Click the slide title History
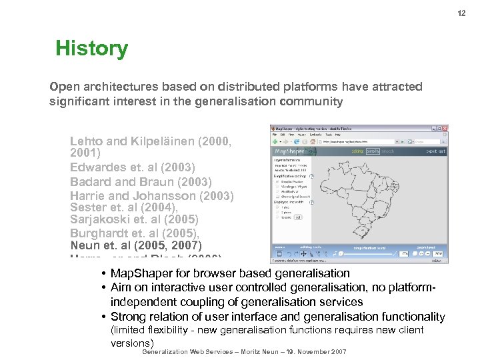click(x=91, y=49)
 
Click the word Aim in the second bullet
click(x=121, y=288)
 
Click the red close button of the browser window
click(x=445, y=128)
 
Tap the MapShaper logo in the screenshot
click(x=291, y=151)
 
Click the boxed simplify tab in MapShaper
click(x=373, y=152)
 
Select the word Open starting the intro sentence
click(x=63, y=87)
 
